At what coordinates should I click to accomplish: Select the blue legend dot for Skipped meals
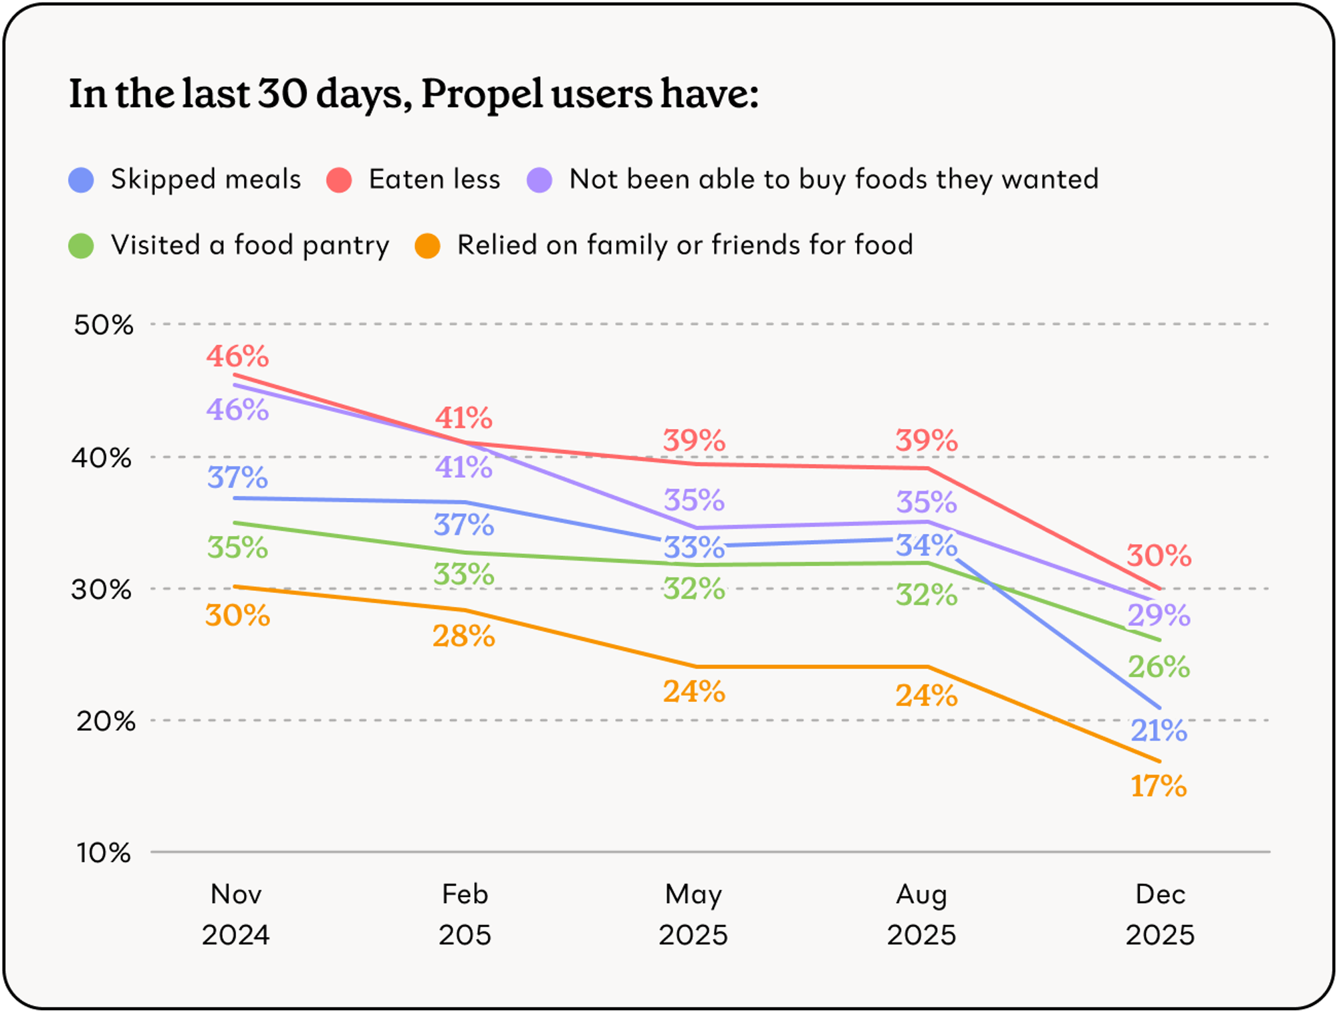[x=81, y=180]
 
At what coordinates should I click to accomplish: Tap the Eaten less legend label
[x=434, y=179]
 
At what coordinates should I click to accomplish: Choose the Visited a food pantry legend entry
[x=249, y=245]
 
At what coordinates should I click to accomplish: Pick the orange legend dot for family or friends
[x=427, y=245]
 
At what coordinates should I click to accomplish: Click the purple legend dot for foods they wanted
[x=539, y=180]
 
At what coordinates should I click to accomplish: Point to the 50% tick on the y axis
[x=104, y=325]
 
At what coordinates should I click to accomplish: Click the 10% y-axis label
[x=104, y=853]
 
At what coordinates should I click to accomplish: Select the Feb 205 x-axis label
[x=465, y=914]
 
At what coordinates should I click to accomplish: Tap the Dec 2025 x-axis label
[x=1160, y=914]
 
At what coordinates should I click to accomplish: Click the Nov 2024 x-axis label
[x=236, y=914]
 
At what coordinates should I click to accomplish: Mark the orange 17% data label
[x=1159, y=786]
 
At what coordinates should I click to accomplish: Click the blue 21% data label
[x=1159, y=731]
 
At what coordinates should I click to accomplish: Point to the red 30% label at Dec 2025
[x=1159, y=555]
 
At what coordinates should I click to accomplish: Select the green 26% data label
[x=1159, y=666]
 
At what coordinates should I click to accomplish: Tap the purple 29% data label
[x=1159, y=615]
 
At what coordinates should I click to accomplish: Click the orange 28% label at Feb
[x=463, y=636]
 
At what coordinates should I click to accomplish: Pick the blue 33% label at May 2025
[x=693, y=547]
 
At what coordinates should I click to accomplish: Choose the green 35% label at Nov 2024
[x=237, y=547]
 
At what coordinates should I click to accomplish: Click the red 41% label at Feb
[x=463, y=418]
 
